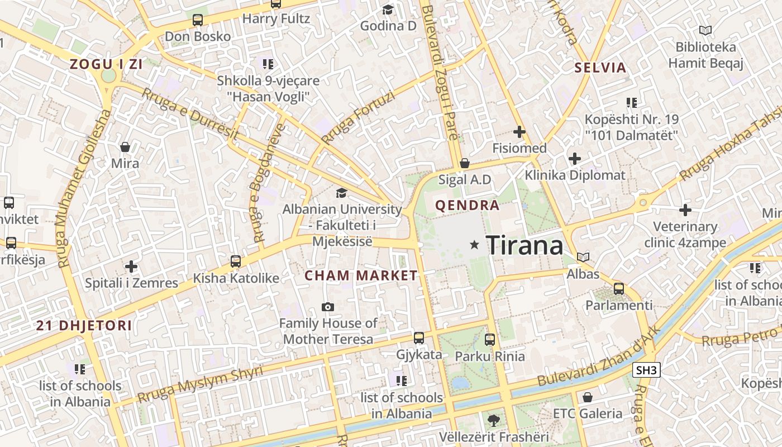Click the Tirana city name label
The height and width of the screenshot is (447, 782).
tap(524, 245)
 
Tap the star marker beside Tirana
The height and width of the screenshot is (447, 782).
tap(474, 245)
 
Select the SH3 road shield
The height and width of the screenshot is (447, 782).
tap(647, 370)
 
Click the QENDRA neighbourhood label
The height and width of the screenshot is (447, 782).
tap(468, 206)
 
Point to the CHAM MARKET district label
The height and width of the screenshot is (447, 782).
tap(361, 275)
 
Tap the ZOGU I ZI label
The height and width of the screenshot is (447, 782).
tap(106, 64)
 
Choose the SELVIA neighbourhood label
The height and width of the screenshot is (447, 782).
tap(600, 68)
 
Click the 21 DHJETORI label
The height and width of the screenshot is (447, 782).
tap(84, 326)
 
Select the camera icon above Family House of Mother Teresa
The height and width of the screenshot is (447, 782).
tap(328, 307)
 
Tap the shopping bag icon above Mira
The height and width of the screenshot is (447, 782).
tap(125, 147)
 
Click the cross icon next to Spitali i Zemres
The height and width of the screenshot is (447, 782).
tap(131, 267)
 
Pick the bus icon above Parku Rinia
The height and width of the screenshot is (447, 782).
tap(490, 339)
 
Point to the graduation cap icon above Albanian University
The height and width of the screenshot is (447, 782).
tap(341, 193)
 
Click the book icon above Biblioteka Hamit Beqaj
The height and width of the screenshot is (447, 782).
tap(705, 31)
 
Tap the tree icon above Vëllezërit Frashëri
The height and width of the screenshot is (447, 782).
tap(493, 420)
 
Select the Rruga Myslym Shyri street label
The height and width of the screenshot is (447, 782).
tap(199, 385)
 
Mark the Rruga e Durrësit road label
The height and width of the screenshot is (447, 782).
tap(190, 115)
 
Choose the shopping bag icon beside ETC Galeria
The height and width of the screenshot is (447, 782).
tap(587, 397)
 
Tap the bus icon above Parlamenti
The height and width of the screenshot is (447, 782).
tap(619, 289)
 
